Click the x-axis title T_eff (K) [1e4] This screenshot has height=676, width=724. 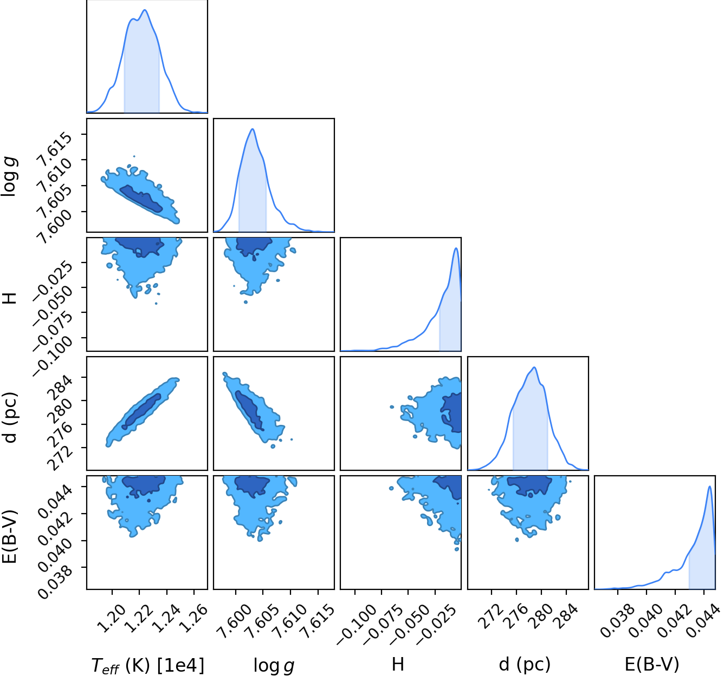tap(147, 665)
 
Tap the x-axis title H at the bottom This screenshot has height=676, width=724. tap(398, 664)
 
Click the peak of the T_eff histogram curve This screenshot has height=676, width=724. tap(145, 10)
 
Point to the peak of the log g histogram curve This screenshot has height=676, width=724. tap(252, 129)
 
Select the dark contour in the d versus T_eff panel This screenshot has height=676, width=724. tap(141, 411)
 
